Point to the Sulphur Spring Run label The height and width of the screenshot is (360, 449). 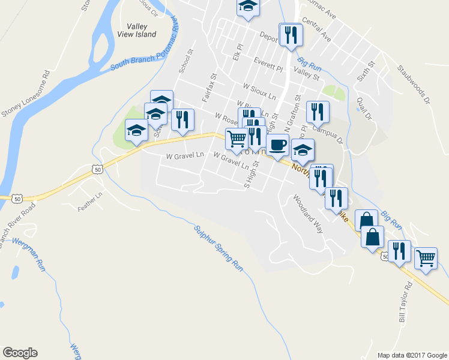pyautogui.click(x=218, y=248)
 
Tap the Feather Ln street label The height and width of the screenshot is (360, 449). pyautogui.click(x=90, y=202)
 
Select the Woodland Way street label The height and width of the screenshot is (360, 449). pyautogui.click(x=309, y=213)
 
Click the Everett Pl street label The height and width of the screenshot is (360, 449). pyautogui.click(x=267, y=65)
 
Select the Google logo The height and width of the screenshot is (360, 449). pyautogui.click(x=20, y=353)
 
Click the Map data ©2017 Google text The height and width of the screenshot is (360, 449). pyautogui.click(x=411, y=355)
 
